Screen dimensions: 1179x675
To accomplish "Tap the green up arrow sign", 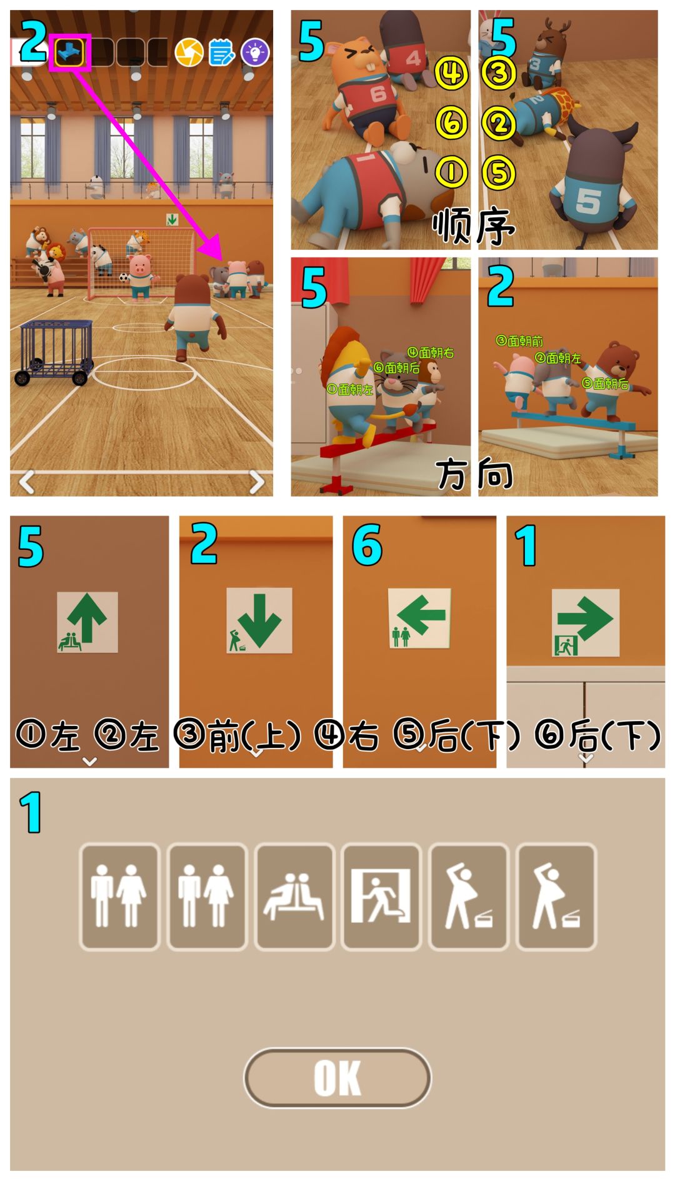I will coord(87,622).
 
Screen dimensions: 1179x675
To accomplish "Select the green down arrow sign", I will coord(259,620).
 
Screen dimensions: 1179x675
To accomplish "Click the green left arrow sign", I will coord(419,618).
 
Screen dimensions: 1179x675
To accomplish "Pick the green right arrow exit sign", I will coord(585,622).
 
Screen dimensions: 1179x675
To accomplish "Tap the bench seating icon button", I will coord(294,897).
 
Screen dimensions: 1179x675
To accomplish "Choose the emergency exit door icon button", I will coord(381,897).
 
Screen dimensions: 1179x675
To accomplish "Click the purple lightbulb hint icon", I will coord(254,53).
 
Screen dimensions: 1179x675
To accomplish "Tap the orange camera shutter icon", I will coord(189,53).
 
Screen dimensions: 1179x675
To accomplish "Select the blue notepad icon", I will coord(221,53).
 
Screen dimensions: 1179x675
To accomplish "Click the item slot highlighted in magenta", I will coord(69,53).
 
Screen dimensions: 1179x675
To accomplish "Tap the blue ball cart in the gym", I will coord(55,352).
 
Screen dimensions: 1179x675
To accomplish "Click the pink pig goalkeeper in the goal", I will coord(139,275).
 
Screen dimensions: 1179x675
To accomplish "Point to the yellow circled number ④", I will coord(451,74).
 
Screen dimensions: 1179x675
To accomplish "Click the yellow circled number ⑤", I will coord(499,172).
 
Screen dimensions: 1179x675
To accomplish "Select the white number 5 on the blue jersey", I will coord(588,200).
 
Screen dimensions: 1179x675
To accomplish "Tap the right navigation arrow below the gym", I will coord(256,482).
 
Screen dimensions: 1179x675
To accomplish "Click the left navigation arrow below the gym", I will coord(26,482).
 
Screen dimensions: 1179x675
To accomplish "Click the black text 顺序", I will coord(473,226).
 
